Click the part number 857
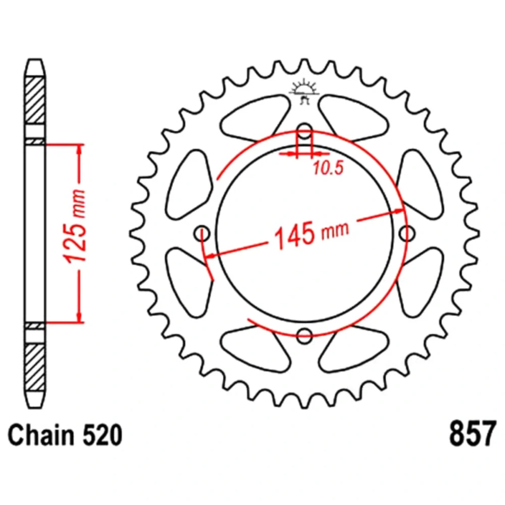(472, 433)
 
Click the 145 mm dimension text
(311, 234)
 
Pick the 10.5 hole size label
(329, 168)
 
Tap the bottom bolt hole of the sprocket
(305, 336)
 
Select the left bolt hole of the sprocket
(203, 233)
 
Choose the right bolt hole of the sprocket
(407, 233)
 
